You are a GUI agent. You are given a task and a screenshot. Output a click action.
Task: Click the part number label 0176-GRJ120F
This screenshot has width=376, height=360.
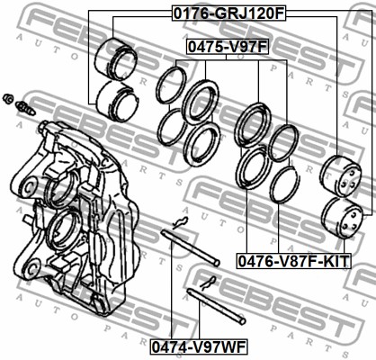[228, 13]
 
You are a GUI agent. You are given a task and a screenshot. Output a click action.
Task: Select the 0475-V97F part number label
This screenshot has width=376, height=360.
[228, 47]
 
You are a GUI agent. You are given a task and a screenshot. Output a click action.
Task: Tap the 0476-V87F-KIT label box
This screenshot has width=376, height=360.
[293, 261]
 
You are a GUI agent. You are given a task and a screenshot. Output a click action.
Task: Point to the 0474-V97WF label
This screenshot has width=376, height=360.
[199, 346]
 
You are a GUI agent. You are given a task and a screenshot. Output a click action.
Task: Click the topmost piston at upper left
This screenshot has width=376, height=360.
[116, 59]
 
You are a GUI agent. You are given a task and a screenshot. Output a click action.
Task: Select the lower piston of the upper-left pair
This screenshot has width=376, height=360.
[117, 101]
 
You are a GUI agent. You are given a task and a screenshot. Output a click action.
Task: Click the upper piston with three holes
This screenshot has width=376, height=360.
[341, 176]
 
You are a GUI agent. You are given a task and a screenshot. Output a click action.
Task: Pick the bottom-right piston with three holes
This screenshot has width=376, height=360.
[342, 218]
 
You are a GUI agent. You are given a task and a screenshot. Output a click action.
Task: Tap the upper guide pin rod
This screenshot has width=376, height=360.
[191, 247]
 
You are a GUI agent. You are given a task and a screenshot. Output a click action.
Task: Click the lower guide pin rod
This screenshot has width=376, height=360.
[216, 306]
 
